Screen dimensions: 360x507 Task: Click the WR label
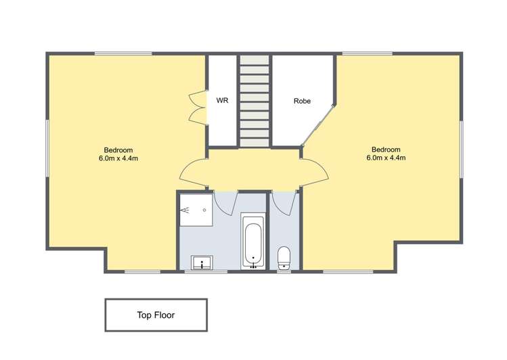pyautogui.click(x=222, y=101)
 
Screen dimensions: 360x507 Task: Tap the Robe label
pyautogui.click(x=302, y=101)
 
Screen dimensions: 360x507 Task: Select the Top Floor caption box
pyautogui.click(x=156, y=315)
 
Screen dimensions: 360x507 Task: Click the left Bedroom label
pyautogui.click(x=118, y=150)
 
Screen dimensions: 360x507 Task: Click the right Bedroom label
pyautogui.click(x=386, y=150)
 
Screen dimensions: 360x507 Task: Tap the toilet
pyautogui.click(x=284, y=257)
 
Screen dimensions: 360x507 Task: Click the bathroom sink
pyautogui.click(x=202, y=262)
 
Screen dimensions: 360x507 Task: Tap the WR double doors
pyautogui.click(x=198, y=108)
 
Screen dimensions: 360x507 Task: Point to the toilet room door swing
pyautogui.click(x=284, y=202)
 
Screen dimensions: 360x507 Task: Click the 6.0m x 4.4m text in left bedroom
pyautogui.click(x=118, y=158)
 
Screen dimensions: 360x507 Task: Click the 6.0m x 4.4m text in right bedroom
pyautogui.click(x=386, y=158)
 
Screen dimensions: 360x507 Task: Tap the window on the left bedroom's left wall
pyautogui.click(x=47, y=149)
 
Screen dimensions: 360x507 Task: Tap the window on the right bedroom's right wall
pyautogui.click(x=462, y=149)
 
